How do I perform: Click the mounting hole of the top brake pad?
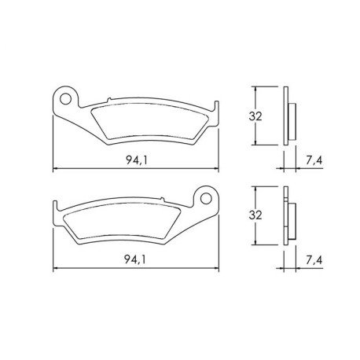[x=65, y=99]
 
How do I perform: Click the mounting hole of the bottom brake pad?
[x=206, y=199]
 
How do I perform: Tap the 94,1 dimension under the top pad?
[x=137, y=160]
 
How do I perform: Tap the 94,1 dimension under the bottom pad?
[x=135, y=259]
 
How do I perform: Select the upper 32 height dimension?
[x=255, y=116]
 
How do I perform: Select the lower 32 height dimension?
[x=255, y=215]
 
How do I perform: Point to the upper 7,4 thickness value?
[x=314, y=160]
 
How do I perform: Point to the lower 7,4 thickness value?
[x=314, y=260]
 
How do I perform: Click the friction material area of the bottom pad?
[x=123, y=221]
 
